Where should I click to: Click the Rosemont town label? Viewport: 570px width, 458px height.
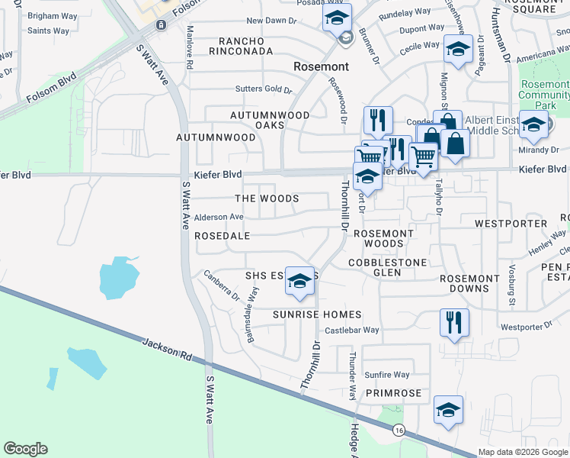[x=322, y=67]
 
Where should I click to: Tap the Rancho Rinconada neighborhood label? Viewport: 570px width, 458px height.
[x=245, y=46]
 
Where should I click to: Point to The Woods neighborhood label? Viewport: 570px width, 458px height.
[x=266, y=198]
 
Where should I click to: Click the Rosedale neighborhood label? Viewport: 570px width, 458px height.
[x=223, y=237]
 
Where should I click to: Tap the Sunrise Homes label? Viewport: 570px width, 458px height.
[x=317, y=314]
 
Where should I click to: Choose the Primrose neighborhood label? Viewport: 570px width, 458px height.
[x=393, y=393]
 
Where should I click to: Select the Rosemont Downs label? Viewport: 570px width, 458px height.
[x=470, y=284]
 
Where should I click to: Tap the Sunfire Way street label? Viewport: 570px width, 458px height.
[x=386, y=375]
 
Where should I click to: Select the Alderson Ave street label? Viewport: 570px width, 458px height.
[x=219, y=218]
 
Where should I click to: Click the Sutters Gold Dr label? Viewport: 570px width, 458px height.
[x=264, y=90]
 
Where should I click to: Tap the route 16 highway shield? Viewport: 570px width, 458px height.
[x=399, y=431]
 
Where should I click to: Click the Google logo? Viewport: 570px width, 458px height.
[x=25, y=449]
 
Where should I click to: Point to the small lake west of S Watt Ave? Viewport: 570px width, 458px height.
[x=119, y=276]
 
